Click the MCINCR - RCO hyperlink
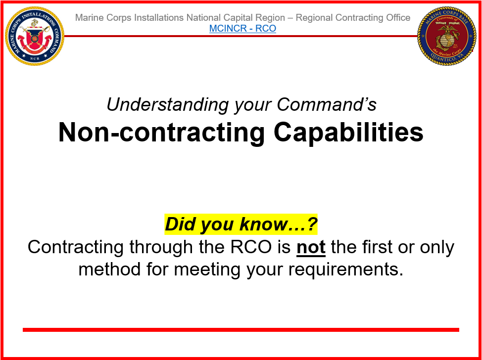click(x=242, y=28)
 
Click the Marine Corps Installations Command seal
click(x=35, y=36)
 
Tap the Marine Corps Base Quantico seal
click(x=447, y=36)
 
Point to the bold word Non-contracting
click(x=161, y=133)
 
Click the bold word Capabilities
click(x=348, y=133)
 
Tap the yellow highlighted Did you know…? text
click(x=241, y=224)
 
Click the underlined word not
click(x=311, y=247)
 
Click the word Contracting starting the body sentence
click(x=76, y=247)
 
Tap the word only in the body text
click(x=437, y=247)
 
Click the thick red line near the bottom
click(x=241, y=330)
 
